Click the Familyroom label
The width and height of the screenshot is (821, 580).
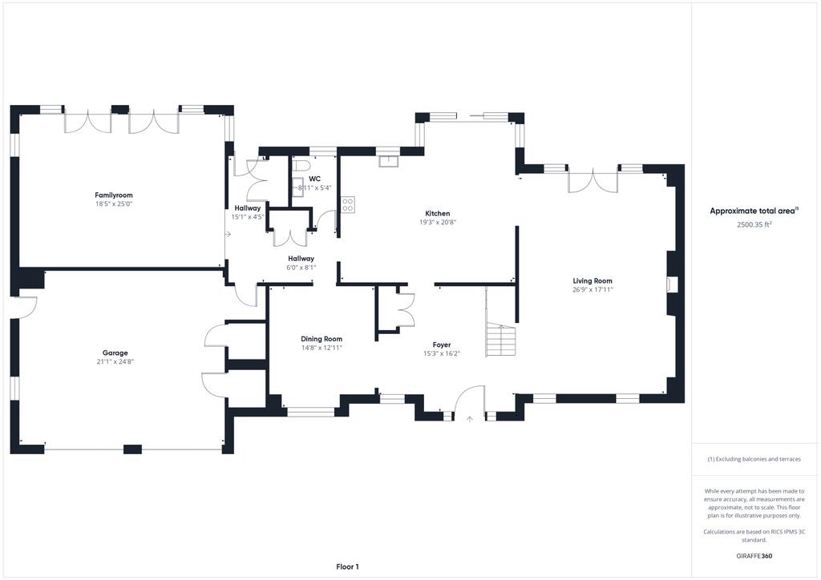[114, 195]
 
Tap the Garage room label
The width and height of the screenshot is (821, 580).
[115, 353]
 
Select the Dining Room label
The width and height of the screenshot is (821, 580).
[322, 339]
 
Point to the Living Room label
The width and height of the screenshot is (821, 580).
[592, 281]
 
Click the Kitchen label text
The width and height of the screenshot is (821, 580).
[437, 213]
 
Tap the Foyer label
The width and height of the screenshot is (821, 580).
[442, 344]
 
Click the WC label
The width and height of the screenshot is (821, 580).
[314, 179]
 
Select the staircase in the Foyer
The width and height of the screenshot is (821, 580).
[501, 340]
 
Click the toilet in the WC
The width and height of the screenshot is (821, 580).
[300, 167]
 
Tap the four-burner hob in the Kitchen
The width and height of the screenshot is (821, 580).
[348, 204]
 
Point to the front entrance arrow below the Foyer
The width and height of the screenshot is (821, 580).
[470, 419]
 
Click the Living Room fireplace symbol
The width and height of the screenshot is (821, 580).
[672, 284]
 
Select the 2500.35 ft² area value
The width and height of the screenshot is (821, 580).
[754, 224]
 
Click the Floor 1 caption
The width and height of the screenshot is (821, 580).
[348, 566]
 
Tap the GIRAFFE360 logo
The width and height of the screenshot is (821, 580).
[754, 556]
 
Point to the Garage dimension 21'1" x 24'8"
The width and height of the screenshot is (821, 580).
[115, 361]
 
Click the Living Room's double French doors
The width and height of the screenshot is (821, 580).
[593, 180]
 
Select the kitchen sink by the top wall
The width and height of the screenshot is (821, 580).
[389, 161]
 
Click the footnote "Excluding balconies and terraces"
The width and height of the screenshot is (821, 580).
[754, 459]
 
